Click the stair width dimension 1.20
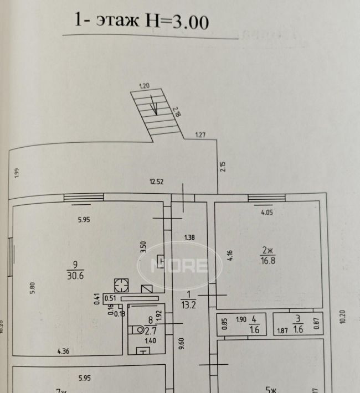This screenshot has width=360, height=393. [145, 86]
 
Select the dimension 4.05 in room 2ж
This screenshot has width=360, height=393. [268, 211]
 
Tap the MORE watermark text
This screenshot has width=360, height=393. [180, 266]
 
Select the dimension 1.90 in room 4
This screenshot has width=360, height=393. [241, 319]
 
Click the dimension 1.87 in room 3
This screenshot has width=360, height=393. [283, 332]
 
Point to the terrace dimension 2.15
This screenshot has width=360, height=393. [223, 166]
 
